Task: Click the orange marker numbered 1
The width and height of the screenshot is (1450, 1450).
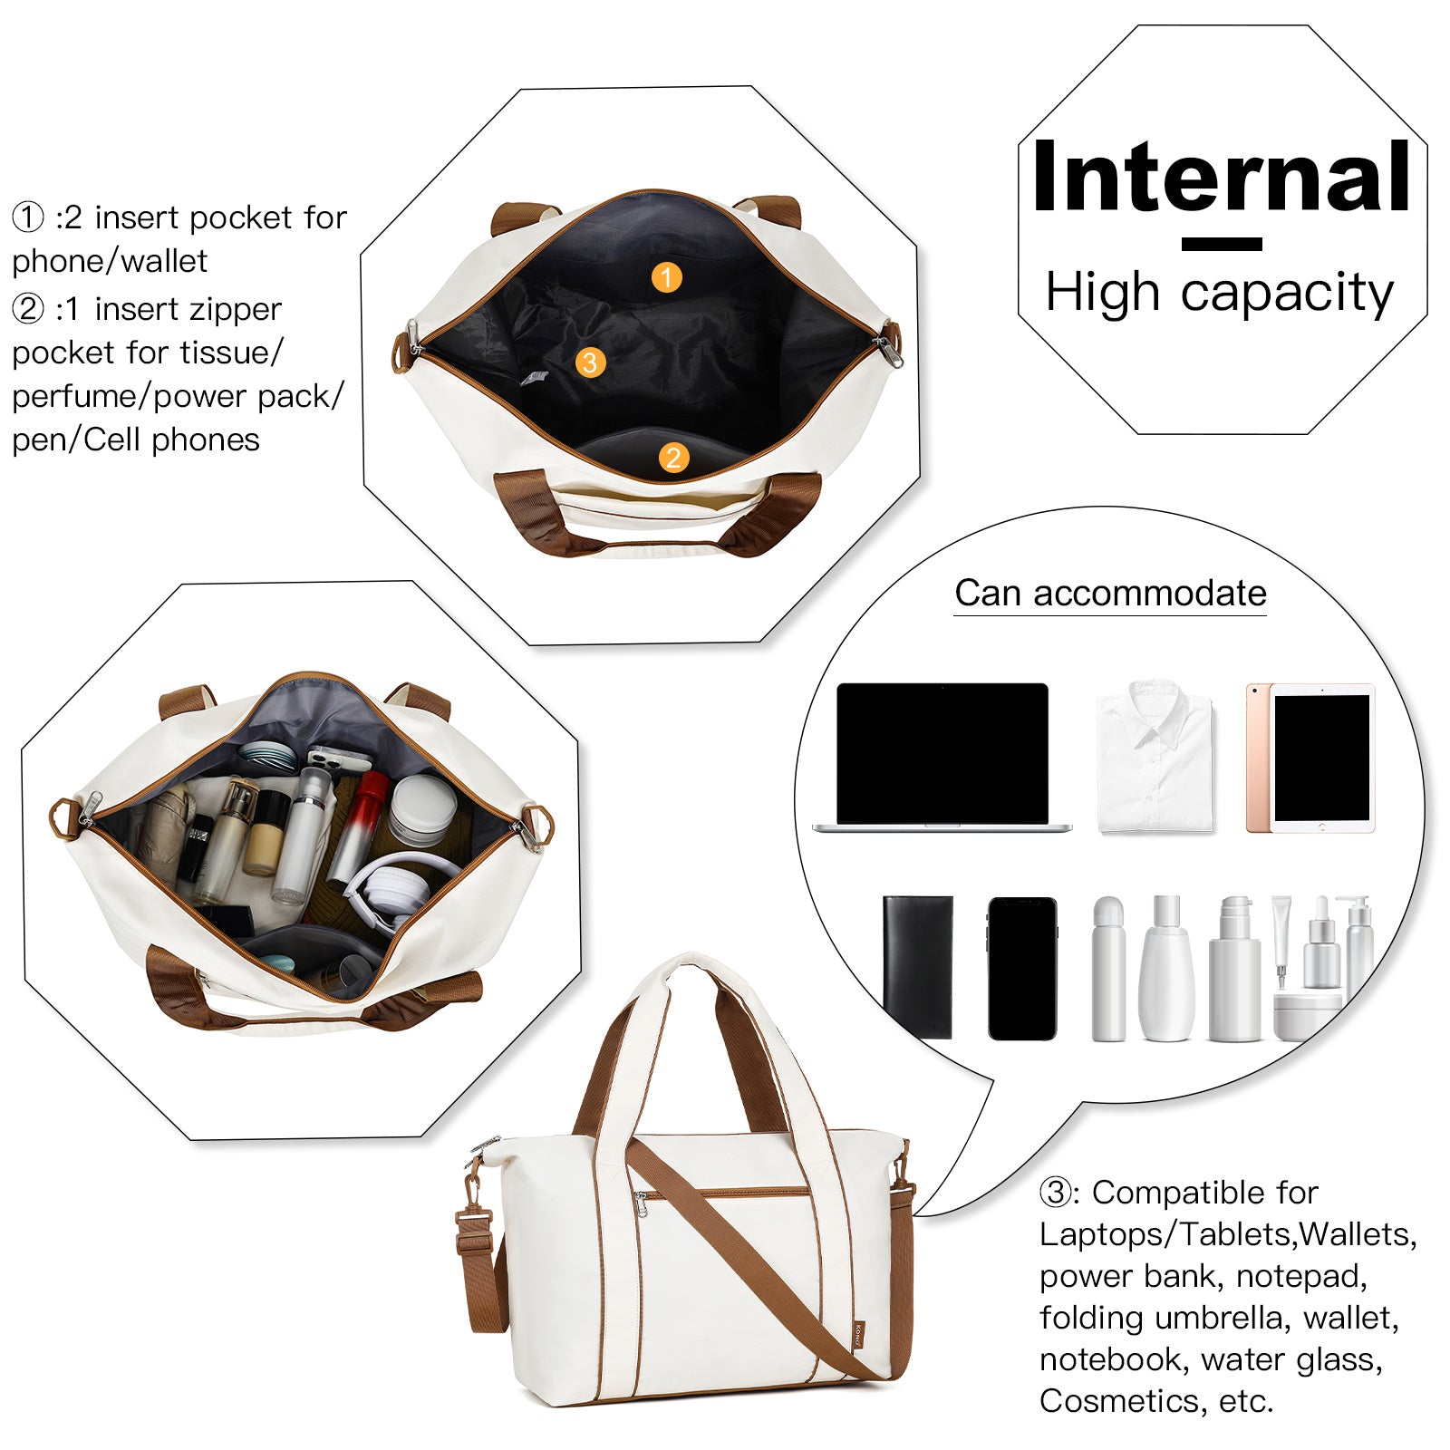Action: [666, 277]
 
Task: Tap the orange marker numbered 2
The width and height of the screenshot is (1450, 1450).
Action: [672, 458]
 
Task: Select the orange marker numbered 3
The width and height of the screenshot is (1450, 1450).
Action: [590, 362]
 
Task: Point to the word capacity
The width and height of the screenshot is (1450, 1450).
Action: [1287, 294]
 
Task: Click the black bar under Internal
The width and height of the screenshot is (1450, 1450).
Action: [1222, 244]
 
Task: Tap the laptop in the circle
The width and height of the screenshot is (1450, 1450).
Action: [942, 758]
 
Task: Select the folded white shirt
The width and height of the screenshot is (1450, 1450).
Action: [1155, 757]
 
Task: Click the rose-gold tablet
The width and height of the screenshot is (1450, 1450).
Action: [1310, 758]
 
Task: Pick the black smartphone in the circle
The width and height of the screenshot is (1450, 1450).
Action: [1022, 968]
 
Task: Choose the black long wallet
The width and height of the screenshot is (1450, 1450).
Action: [917, 966]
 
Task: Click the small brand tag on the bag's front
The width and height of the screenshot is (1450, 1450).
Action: [858, 1334]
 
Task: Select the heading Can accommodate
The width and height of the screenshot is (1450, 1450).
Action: [1110, 594]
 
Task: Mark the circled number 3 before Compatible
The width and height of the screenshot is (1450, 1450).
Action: [1056, 1193]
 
